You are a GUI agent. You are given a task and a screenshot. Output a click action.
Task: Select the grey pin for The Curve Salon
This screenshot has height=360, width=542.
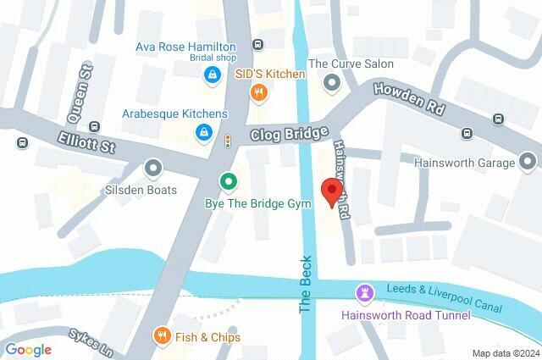pyautogui.click(x=332, y=82)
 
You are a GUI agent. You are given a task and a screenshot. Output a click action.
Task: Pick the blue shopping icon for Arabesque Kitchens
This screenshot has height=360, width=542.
pyautogui.click(x=203, y=132)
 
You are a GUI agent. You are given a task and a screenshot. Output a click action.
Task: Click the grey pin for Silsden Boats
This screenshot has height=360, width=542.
pyautogui.click(x=153, y=169)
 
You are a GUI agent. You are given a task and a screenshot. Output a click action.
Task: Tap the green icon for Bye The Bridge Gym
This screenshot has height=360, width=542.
pyautogui.click(x=227, y=181)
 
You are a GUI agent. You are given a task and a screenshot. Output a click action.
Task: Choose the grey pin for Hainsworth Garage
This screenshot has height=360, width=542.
pyautogui.click(x=528, y=161)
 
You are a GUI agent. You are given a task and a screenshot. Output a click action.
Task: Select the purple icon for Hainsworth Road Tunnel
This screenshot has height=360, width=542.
pyautogui.click(x=365, y=293)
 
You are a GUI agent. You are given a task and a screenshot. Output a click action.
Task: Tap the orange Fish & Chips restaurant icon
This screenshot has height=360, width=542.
pyautogui.click(x=160, y=336)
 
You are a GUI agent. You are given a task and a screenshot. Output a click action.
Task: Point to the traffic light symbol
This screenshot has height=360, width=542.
pyautogui.click(x=227, y=141)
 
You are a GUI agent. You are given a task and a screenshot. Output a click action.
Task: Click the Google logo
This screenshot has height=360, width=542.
pyautogui.click(x=28, y=349)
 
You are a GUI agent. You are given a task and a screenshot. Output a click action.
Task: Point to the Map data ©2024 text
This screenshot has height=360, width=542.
pyautogui.click(x=505, y=353)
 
